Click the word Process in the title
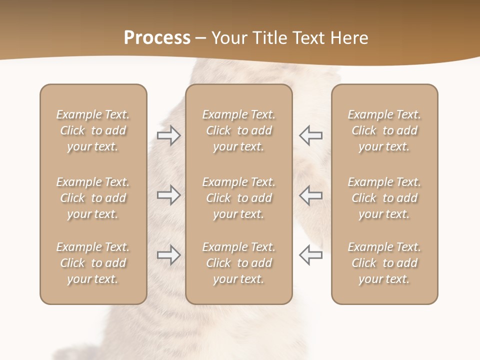point(157,38)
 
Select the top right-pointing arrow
point(168,135)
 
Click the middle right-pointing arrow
point(168,195)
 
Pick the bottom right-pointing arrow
point(168,255)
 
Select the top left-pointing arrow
point(310,135)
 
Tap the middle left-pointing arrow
point(310,195)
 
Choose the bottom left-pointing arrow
point(310,255)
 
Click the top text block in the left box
point(93,130)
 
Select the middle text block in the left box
point(93,198)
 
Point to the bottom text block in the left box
point(93,263)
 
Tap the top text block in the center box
point(239,130)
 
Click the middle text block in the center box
point(239,198)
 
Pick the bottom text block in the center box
point(239,263)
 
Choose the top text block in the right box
point(384,130)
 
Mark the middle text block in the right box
point(384,198)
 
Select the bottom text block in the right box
point(384,263)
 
